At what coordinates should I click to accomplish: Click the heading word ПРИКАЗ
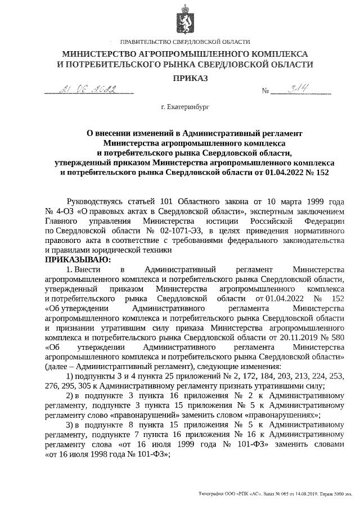click(186, 78)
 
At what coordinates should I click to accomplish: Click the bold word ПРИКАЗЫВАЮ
click(78, 259)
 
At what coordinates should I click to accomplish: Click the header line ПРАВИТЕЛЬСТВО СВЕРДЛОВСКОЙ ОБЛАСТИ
click(186, 43)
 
